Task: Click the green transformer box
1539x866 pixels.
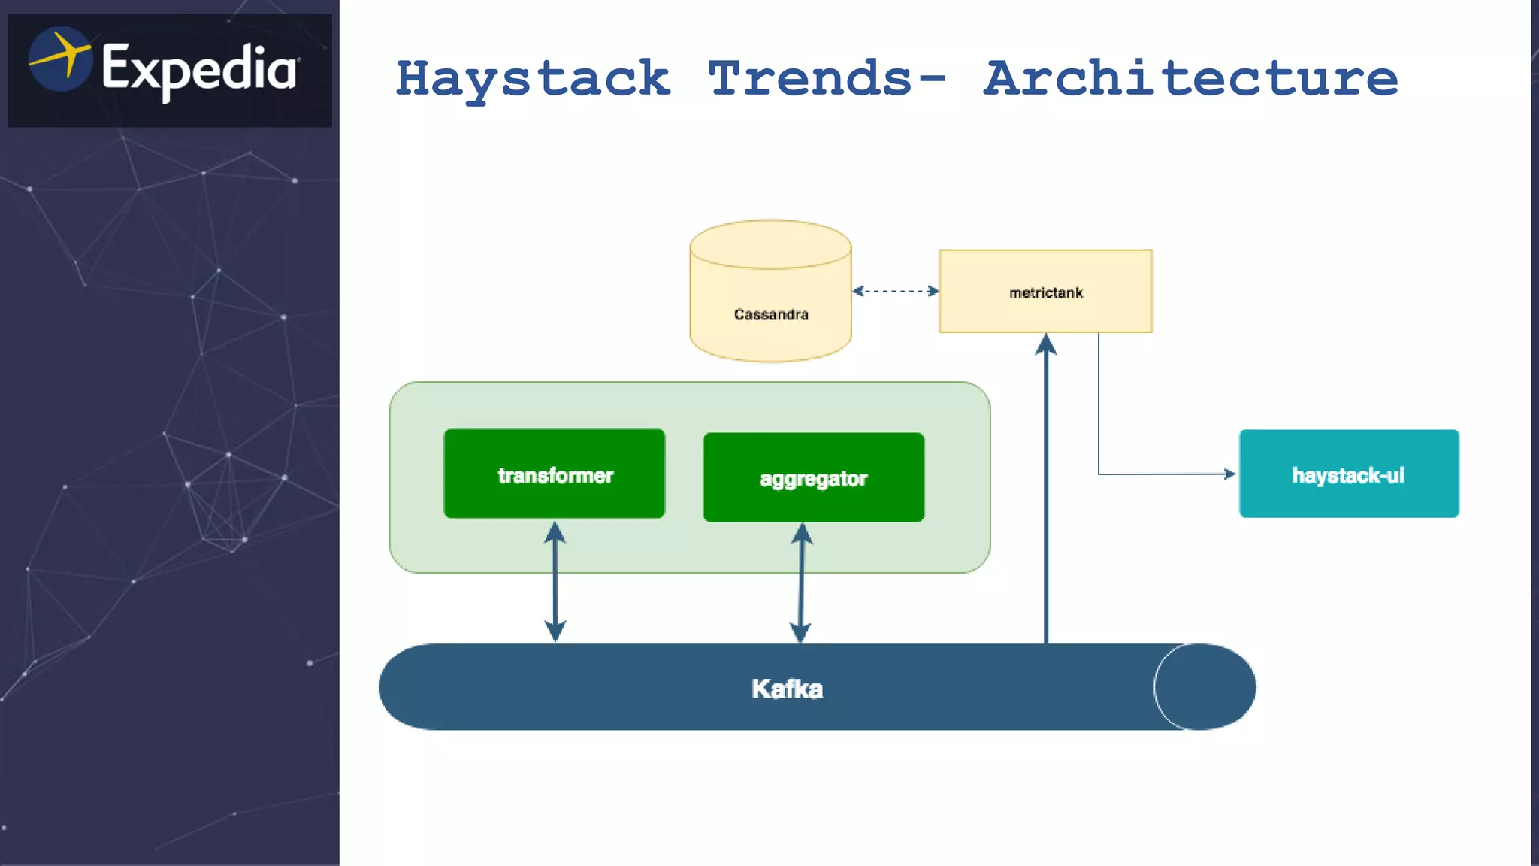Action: pyautogui.click(x=555, y=474)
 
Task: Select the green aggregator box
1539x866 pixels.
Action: pyautogui.click(x=813, y=477)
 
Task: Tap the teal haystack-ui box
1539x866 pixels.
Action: pyautogui.click(x=1349, y=474)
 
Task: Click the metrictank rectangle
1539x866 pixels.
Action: pyautogui.click(x=1045, y=291)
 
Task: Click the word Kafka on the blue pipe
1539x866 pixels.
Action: pyautogui.click(x=787, y=689)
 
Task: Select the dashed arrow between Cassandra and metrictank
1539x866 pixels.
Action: pyautogui.click(x=895, y=291)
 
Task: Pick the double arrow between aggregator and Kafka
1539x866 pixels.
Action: pyautogui.click(x=801, y=583)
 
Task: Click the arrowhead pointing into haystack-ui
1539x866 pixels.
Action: pyautogui.click(x=1229, y=474)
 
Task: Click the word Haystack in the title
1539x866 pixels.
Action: pyautogui.click(x=533, y=79)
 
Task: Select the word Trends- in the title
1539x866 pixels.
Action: pyautogui.click(x=827, y=79)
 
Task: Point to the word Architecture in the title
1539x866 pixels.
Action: pyautogui.click(x=1191, y=79)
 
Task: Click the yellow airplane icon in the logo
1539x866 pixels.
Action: pyautogui.click(x=60, y=59)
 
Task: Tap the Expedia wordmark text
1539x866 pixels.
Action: pyautogui.click(x=199, y=69)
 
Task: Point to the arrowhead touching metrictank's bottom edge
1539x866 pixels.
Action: pyautogui.click(x=1046, y=344)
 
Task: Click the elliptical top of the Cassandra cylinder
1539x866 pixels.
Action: pyautogui.click(x=770, y=244)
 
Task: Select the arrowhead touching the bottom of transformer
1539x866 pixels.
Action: pyautogui.click(x=555, y=532)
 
